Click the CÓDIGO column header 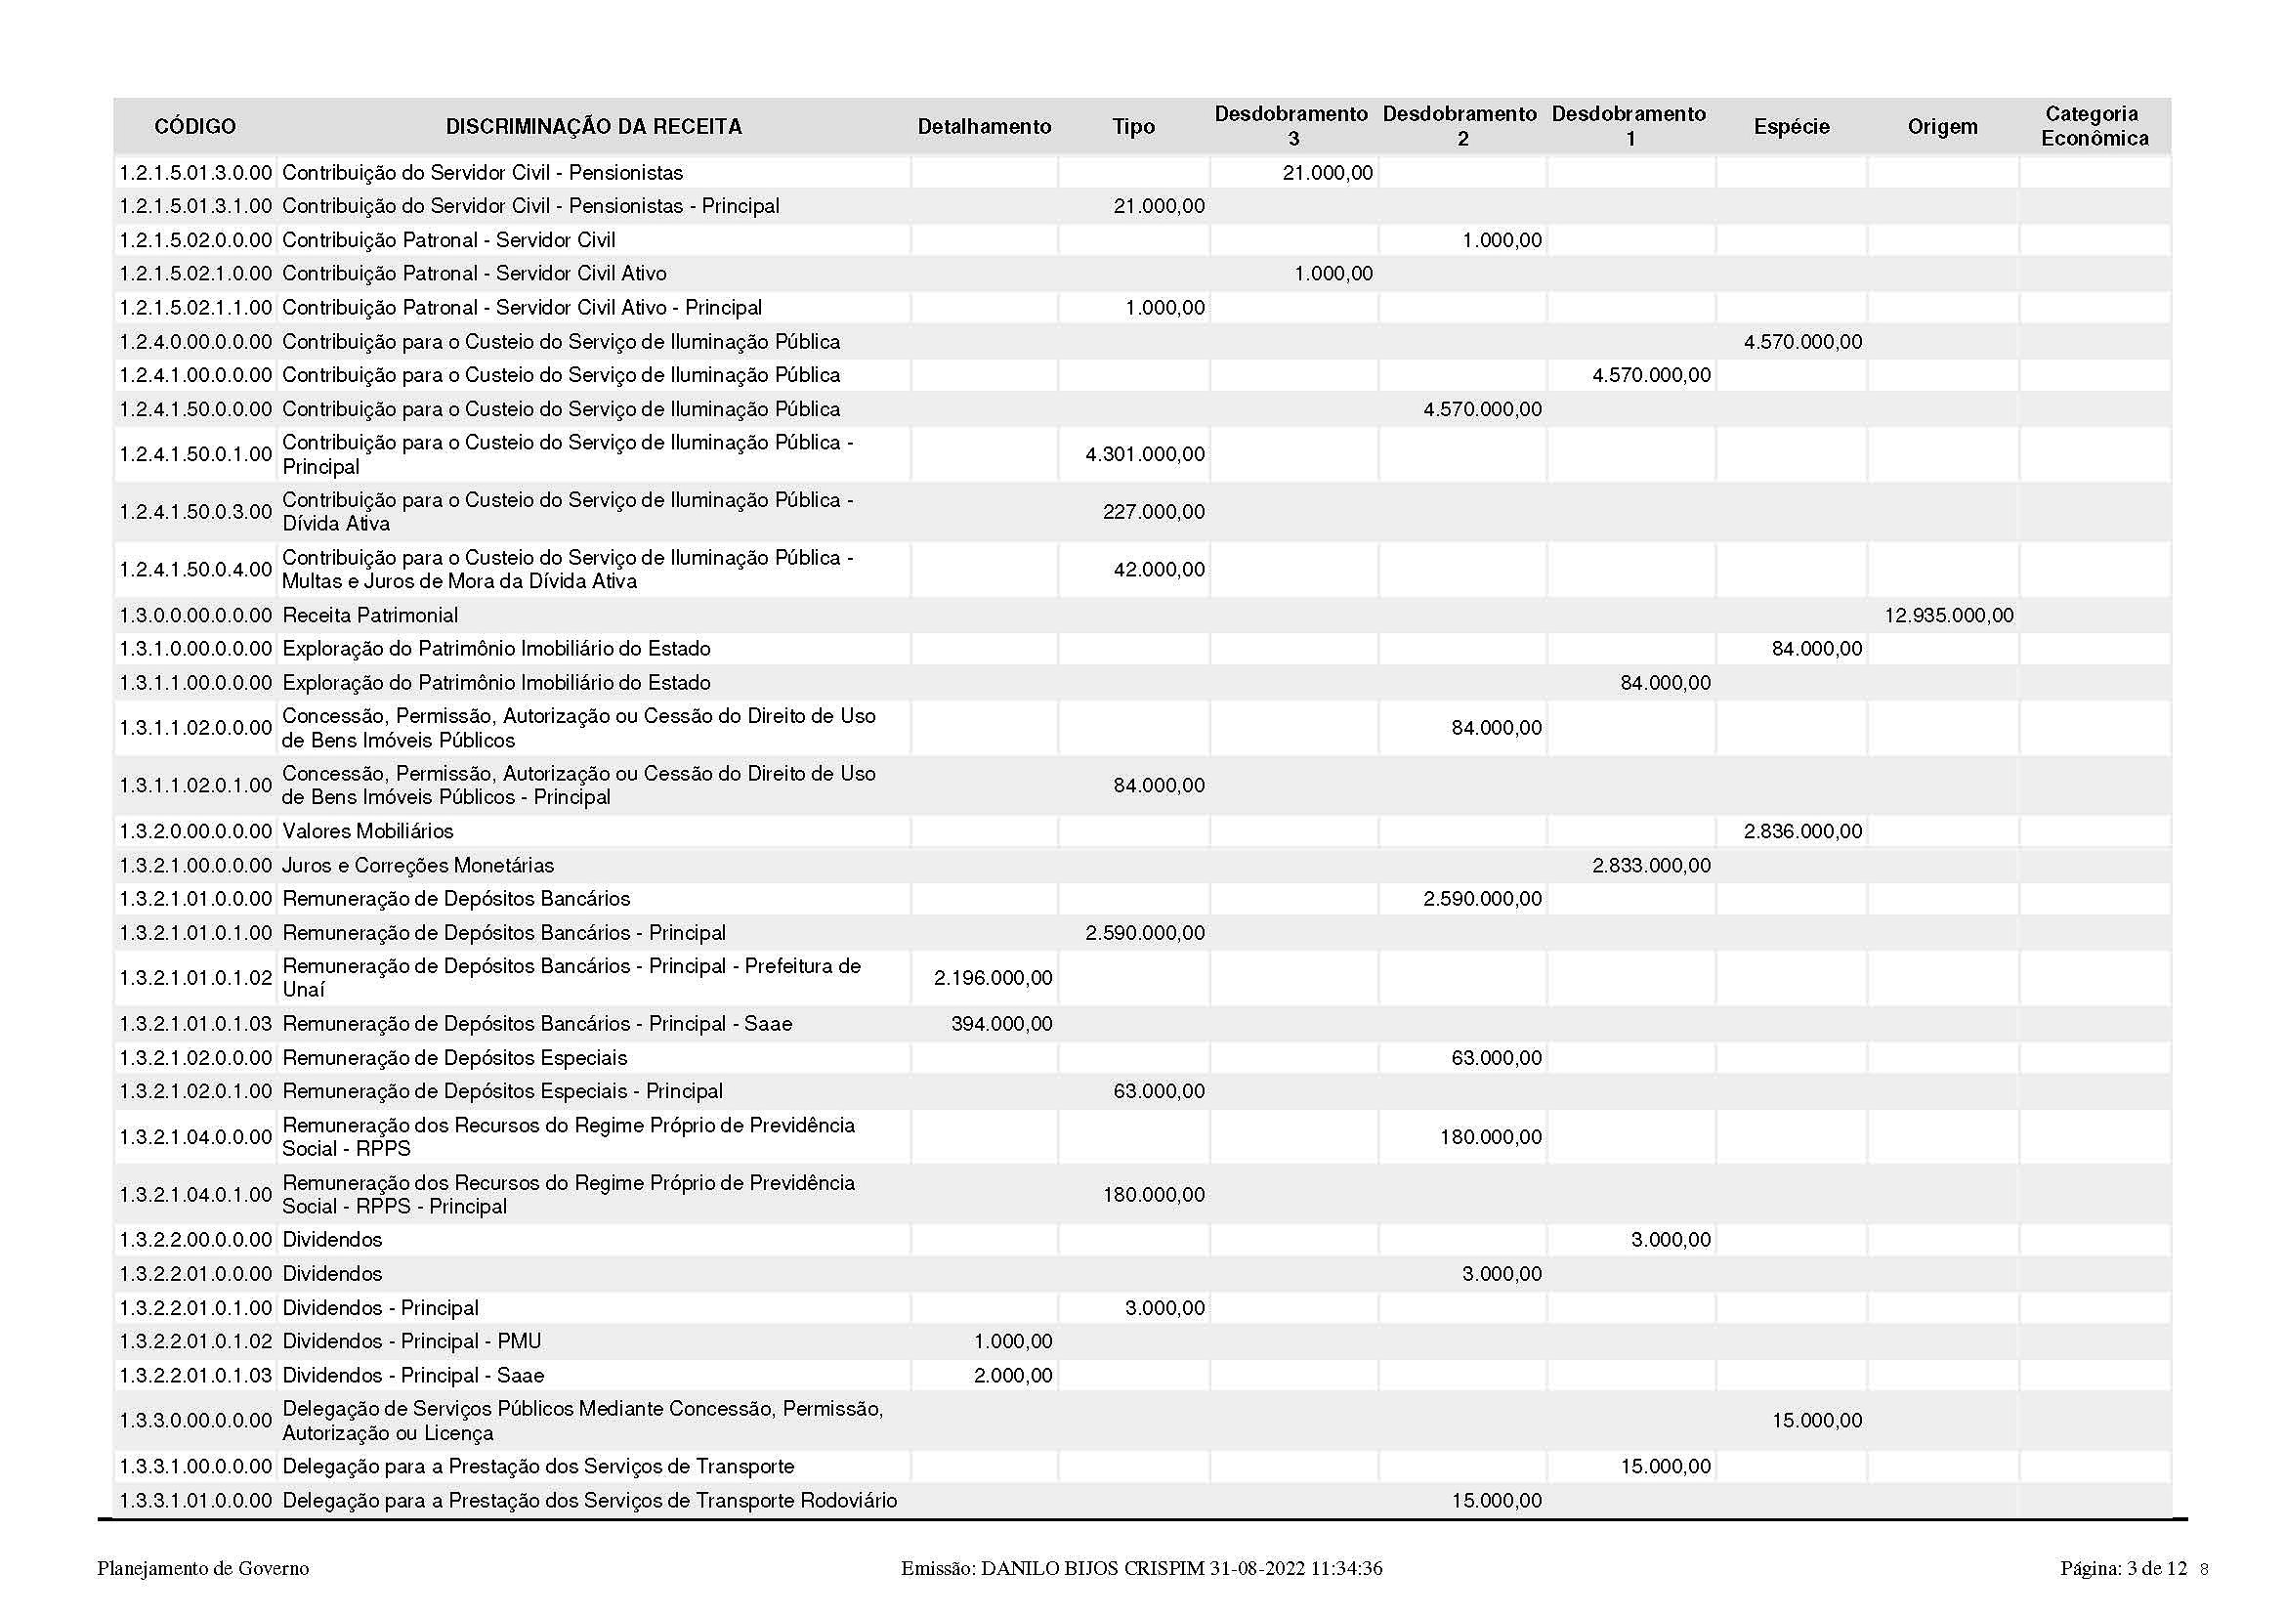(x=195, y=126)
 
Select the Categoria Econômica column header (x=2094, y=126)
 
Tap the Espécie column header (x=1792, y=126)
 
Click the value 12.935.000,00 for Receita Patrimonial (x=1948, y=615)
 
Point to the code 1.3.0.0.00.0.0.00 (x=195, y=615)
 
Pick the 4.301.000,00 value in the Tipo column (x=1145, y=453)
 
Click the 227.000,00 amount (x=1153, y=511)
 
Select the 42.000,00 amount (x=1159, y=570)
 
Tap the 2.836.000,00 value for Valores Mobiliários (x=1802, y=830)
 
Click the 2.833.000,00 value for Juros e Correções (x=1651, y=866)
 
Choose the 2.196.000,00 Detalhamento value (x=993, y=978)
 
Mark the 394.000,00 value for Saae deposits (x=1001, y=1024)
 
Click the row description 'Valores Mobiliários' (x=368, y=830)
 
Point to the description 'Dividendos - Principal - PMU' (x=412, y=1341)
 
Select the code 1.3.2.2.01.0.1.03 (x=195, y=1376)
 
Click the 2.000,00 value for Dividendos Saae (x=1012, y=1376)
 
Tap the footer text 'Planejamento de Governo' (x=203, y=1568)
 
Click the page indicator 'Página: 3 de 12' (x=2123, y=1568)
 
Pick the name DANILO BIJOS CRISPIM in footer (x=1092, y=1568)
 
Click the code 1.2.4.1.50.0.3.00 (x=195, y=511)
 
